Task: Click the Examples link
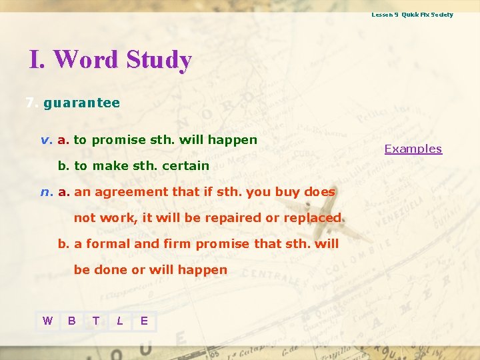[413, 149]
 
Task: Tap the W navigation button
[47, 321]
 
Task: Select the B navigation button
[71, 321]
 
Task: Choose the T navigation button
[96, 321]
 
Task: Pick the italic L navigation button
[120, 321]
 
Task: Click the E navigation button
[144, 321]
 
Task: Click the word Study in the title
[158, 60]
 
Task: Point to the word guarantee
[81, 103]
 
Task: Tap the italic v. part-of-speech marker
[46, 140]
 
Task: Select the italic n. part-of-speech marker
[46, 192]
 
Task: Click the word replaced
[312, 218]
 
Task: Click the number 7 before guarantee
[29, 103]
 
